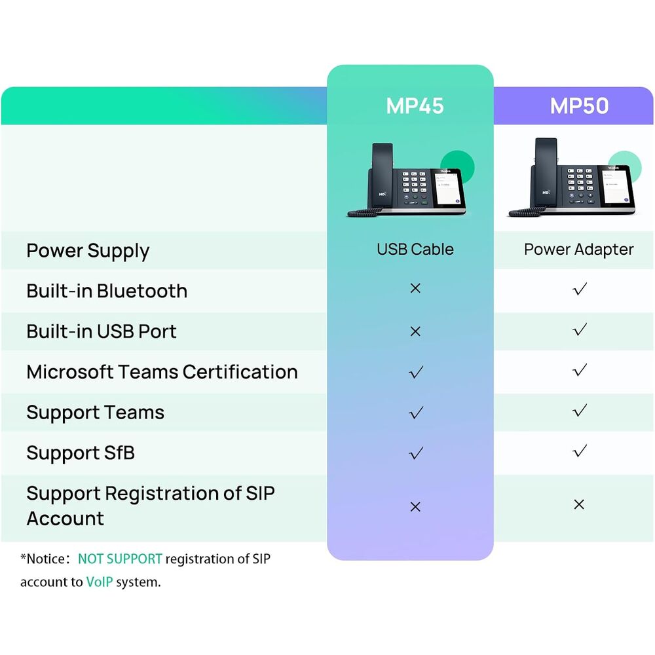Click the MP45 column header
click(415, 105)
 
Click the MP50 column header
click(579, 105)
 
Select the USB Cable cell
click(415, 250)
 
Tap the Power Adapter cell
click(578, 250)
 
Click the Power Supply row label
click(88, 251)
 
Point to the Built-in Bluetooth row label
click(107, 291)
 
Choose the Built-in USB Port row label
click(102, 331)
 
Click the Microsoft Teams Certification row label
click(162, 372)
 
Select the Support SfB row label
click(81, 453)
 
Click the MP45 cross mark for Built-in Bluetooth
click(415, 288)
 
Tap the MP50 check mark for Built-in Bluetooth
click(580, 289)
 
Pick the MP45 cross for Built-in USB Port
click(415, 331)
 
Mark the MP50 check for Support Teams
click(580, 410)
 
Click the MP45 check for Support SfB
click(416, 453)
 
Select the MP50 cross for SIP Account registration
click(579, 504)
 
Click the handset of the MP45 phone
click(381, 175)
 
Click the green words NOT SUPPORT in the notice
click(120, 559)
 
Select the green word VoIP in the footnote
click(100, 582)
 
